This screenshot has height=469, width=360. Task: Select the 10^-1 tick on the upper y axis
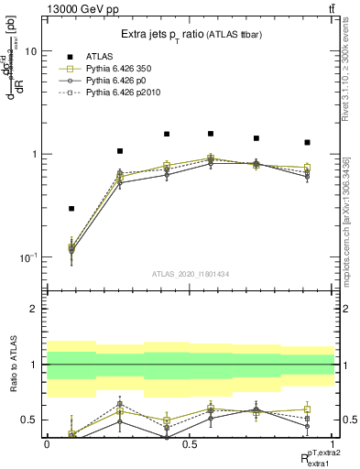tap(29, 256)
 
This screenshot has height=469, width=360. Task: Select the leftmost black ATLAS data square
tap(71, 209)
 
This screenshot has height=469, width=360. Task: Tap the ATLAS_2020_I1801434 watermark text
tap(191, 273)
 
